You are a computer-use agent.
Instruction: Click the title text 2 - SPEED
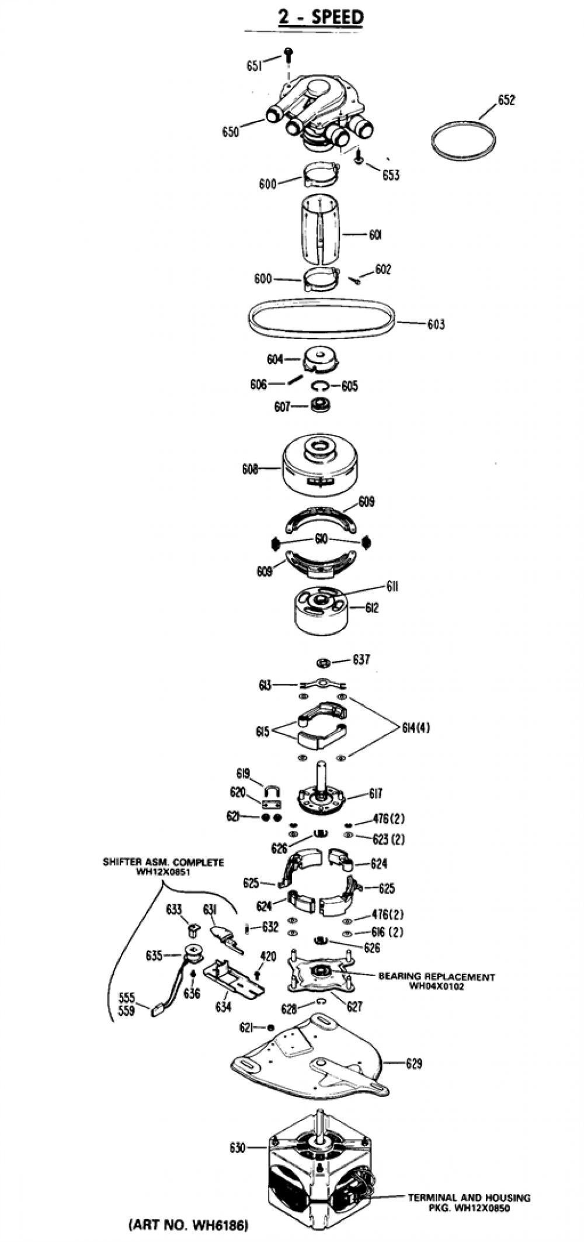tap(320, 18)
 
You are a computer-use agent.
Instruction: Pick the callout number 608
tap(250, 469)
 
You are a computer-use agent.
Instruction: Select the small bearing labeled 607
tap(319, 404)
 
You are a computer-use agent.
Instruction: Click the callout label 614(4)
tap(416, 728)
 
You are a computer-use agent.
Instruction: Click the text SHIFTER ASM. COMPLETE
tap(164, 862)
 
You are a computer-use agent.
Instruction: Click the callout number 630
tap(238, 1148)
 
